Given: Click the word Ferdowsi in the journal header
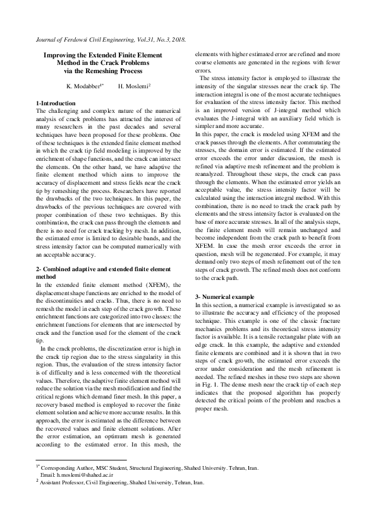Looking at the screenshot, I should [x=78, y=39].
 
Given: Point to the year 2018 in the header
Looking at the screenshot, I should [x=177, y=39].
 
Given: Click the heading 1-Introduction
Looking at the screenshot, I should [x=56, y=102].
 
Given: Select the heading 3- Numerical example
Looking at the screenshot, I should [x=225, y=296].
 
